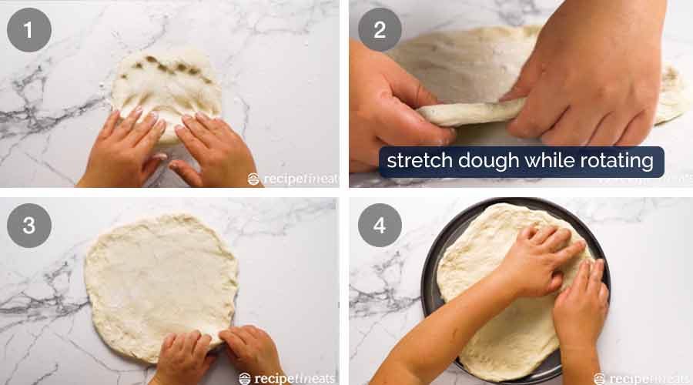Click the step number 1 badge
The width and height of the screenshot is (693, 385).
pos(29,30)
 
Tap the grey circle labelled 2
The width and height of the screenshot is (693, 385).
pos(380,30)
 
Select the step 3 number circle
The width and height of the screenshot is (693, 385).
pos(29,225)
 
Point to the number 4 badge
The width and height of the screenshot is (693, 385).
pos(380,225)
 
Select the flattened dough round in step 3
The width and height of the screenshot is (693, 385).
pos(158,277)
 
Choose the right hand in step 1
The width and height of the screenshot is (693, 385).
pos(212,150)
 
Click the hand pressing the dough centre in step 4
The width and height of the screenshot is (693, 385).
pos(539,262)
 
